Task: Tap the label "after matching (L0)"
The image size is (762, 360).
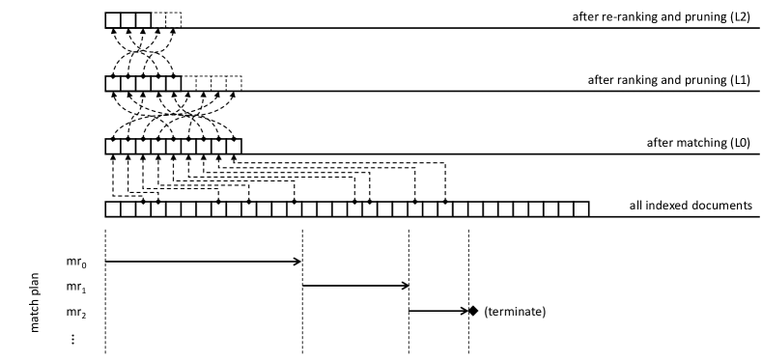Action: (x=700, y=143)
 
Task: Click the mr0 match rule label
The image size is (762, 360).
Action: (x=87, y=261)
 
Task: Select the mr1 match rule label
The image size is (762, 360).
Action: (x=87, y=286)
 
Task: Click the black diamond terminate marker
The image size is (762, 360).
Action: (x=473, y=311)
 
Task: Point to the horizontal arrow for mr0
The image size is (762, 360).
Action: (x=203, y=261)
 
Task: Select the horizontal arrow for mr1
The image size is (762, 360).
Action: (x=355, y=286)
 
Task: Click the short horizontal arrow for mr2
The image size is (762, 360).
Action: (x=437, y=311)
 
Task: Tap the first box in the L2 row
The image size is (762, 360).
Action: (x=113, y=19)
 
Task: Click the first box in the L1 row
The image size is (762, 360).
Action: (x=113, y=83)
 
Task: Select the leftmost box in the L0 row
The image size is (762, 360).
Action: (x=113, y=146)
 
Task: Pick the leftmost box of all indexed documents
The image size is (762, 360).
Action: (x=113, y=209)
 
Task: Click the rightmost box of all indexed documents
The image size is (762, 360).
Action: (x=581, y=209)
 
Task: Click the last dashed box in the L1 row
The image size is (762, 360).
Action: (x=235, y=83)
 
